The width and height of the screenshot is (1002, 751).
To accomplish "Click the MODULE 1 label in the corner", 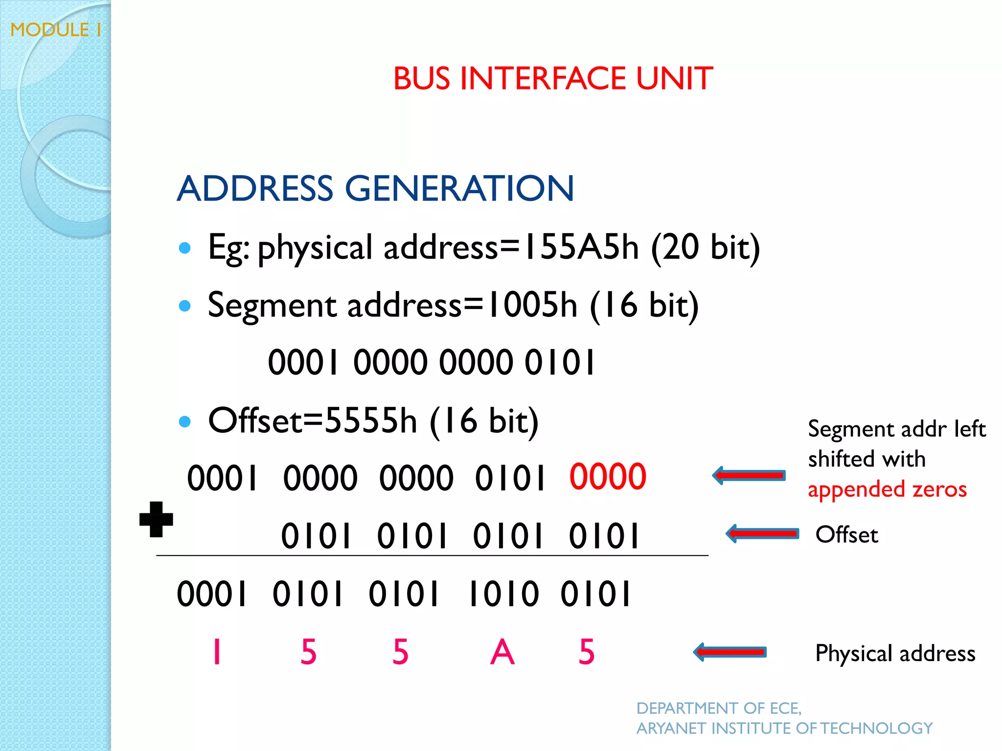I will click(56, 30).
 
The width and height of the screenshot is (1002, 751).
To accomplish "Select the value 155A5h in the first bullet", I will click(580, 247).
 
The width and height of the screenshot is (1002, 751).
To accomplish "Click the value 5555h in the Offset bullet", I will click(371, 420).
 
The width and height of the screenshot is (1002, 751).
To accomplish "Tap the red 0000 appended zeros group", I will click(608, 477).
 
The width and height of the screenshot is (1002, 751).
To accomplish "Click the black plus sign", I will click(156, 519).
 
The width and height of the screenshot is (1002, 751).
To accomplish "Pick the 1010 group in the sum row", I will click(503, 595).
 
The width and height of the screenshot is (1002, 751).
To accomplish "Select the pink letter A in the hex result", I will click(502, 652).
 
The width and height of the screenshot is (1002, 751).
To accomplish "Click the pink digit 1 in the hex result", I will click(217, 652).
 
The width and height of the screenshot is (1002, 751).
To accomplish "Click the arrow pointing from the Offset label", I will click(762, 533).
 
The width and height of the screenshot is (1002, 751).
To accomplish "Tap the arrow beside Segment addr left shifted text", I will click(749, 475).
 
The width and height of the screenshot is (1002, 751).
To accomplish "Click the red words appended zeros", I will click(887, 489).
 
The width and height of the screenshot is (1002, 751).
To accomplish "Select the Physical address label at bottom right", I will click(895, 653).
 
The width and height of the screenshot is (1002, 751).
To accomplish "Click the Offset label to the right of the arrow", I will click(846, 534).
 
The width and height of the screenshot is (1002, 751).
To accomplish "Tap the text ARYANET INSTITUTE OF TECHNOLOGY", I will click(784, 729).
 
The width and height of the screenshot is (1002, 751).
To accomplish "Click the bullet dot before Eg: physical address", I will click(184, 248).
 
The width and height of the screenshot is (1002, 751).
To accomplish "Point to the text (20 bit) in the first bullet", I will click(705, 248).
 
